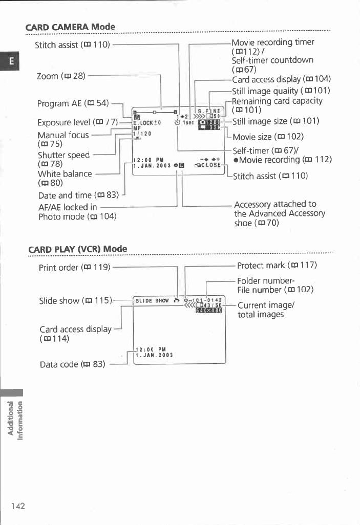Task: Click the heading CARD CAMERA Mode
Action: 71,27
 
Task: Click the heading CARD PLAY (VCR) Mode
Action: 77,249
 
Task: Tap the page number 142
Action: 18,506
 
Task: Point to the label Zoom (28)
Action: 60,76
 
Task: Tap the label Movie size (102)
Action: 268,137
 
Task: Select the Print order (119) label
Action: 75,267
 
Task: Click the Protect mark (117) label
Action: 277,265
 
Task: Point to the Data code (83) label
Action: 72,364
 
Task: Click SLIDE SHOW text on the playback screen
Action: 149,301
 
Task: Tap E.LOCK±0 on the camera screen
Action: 147,122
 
